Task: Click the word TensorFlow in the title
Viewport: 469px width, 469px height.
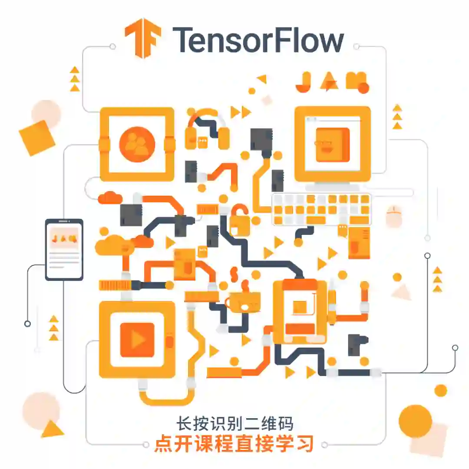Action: pos(258,40)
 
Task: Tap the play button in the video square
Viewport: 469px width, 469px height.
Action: pos(137,340)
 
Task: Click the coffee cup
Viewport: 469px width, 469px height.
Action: pos(244,303)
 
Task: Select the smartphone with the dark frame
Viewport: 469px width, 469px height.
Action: pos(64,249)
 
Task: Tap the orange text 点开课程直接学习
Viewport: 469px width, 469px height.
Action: pos(234,444)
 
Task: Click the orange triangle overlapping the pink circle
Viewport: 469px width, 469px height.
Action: pos(52,429)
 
